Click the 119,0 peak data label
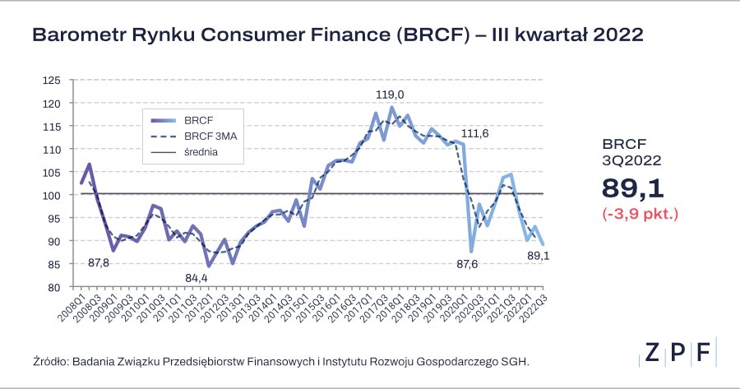click(389, 95)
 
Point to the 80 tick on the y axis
click(54, 288)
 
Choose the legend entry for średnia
click(202, 153)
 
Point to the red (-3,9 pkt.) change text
click(639, 213)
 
